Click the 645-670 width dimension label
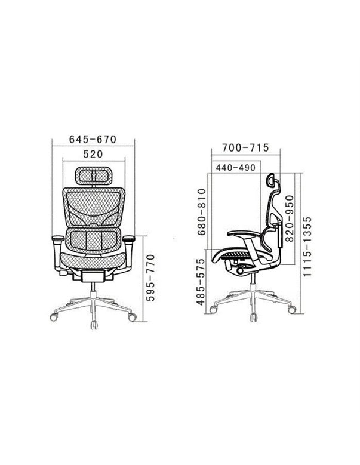click(93, 139)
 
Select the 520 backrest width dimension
click(93, 154)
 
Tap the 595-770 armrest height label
click(150, 278)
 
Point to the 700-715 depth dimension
click(245, 147)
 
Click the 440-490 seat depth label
click(235, 168)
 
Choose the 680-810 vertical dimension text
click(202, 212)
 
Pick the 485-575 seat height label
click(201, 282)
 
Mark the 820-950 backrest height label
click(289, 218)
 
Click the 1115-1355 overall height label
click(307, 247)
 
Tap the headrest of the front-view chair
click(93, 175)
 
